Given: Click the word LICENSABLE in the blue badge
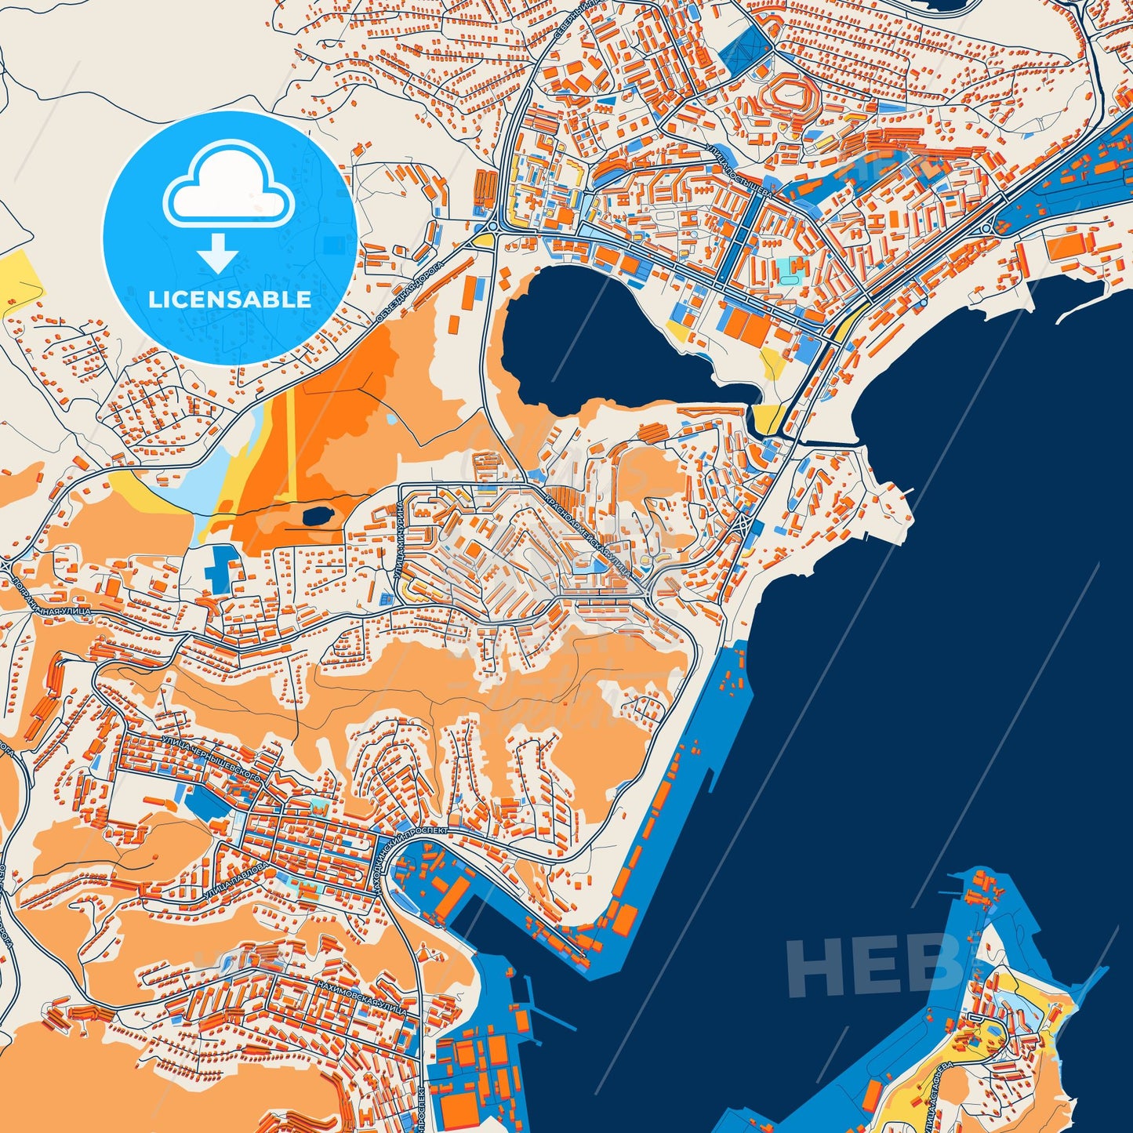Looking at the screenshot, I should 230,300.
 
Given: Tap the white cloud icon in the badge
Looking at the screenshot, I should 228,187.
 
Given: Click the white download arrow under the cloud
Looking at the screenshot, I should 218,252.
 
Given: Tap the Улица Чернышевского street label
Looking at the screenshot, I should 210,757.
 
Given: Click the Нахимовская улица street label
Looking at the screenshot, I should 361,996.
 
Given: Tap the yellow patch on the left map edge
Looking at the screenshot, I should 17,282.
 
